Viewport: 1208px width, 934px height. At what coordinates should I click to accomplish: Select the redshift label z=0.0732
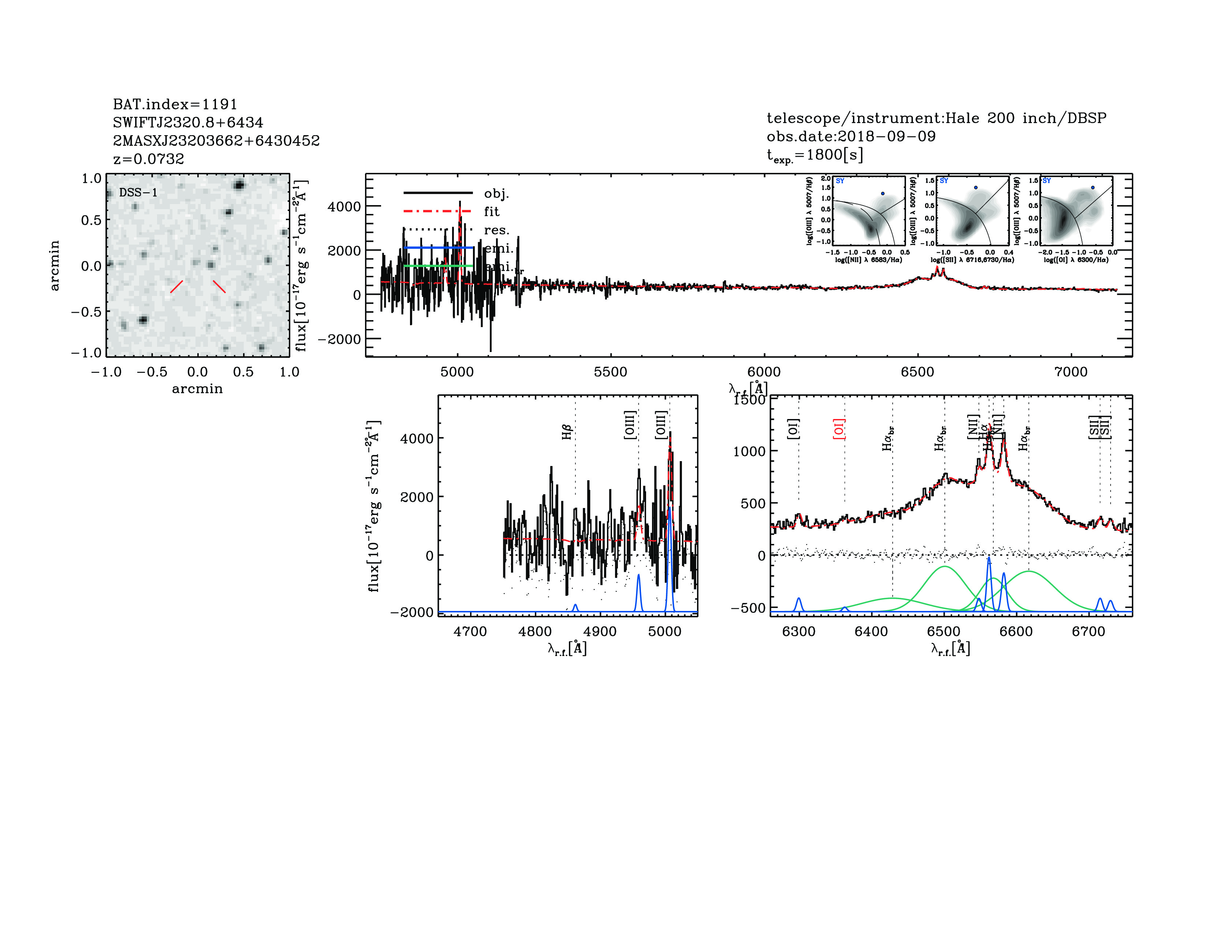click(x=148, y=159)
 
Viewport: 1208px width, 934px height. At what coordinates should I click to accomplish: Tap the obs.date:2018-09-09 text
click(x=851, y=136)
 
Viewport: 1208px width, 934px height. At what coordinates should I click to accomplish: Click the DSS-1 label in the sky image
click(x=138, y=193)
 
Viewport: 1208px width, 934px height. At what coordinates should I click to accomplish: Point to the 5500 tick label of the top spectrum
click(x=610, y=372)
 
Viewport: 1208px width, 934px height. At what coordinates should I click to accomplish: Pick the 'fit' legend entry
click(x=491, y=211)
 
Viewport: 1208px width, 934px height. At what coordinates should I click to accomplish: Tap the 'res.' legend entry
click(x=496, y=230)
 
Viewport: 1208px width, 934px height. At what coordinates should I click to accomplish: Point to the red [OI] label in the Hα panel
click(x=839, y=429)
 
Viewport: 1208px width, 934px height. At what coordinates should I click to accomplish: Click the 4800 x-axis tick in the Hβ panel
click(x=535, y=631)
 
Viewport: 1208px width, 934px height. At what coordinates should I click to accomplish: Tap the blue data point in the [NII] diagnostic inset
click(x=883, y=194)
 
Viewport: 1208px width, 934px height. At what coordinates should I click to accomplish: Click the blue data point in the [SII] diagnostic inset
click(x=976, y=188)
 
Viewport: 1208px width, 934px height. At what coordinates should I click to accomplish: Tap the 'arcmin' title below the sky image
click(x=197, y=389)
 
